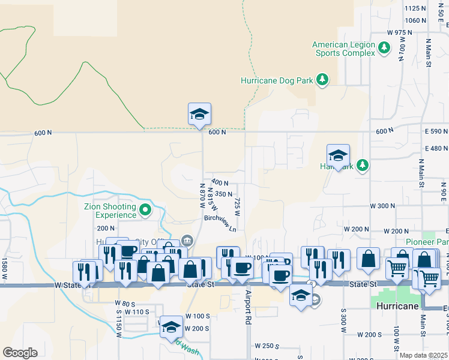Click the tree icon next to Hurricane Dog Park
point(322,79)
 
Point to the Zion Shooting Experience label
point(110,211)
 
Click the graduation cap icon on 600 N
point(199,113)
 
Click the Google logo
point(20,353)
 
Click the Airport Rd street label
point(247,308)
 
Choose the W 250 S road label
point(268,346)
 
